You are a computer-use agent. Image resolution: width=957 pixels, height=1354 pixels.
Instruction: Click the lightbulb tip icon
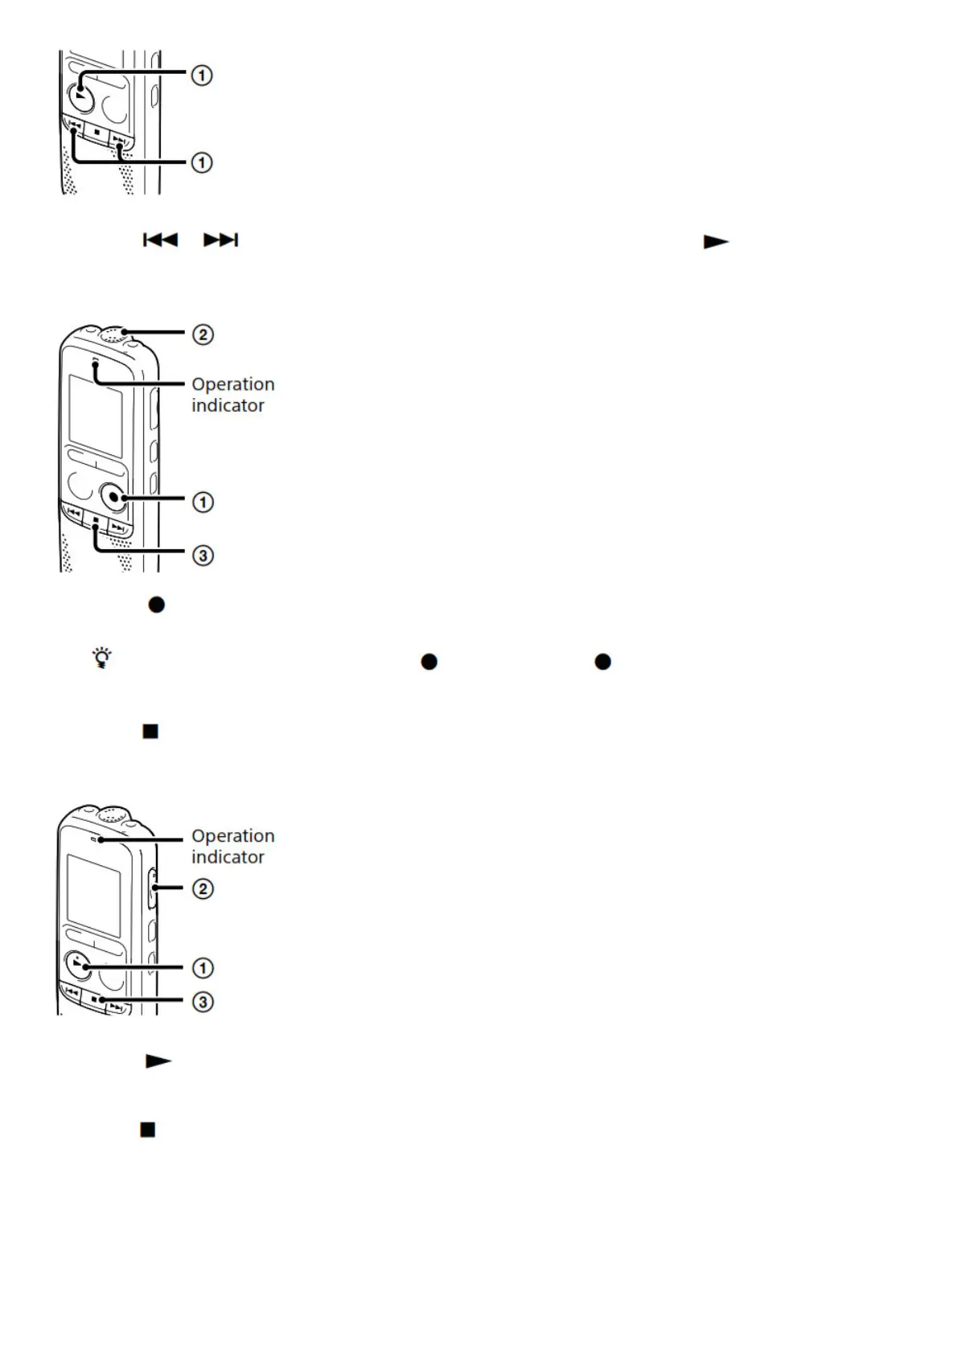click(102, 659)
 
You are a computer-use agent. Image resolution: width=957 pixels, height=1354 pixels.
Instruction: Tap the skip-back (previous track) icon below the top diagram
click(160, 240)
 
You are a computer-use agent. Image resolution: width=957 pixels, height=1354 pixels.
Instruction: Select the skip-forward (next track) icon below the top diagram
click(220, 240)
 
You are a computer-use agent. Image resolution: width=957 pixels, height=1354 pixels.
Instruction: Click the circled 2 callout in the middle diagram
click(203, 334)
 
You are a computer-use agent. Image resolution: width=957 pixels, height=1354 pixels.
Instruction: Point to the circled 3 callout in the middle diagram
click(203, 555)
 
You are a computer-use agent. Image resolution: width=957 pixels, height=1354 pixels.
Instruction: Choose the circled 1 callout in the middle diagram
click(203, 503)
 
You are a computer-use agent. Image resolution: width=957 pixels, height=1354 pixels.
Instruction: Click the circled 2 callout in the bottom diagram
click(203, 888)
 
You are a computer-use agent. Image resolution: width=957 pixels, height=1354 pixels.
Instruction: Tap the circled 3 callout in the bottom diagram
click(203, 1002)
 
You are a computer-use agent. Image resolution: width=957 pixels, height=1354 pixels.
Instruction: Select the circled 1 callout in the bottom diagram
click(203, 967)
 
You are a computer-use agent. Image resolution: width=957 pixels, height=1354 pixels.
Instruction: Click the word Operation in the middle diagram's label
click(232, 384)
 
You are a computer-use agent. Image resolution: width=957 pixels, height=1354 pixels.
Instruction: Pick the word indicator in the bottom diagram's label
click(228, 857)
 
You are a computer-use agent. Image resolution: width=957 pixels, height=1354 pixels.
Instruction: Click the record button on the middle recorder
click(114, 498)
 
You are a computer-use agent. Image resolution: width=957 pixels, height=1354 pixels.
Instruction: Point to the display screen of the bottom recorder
click(94, 895)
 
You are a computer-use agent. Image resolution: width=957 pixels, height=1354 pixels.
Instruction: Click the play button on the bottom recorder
click(77, 965)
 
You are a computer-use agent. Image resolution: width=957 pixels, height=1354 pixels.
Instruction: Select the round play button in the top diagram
click(80, 96)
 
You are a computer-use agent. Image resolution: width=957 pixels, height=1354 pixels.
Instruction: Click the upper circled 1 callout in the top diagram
click(201, 76)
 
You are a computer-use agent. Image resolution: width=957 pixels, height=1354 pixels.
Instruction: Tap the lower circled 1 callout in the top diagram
click(201, 162)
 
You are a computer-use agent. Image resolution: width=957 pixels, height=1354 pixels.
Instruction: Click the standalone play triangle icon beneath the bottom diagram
click(158, 1061)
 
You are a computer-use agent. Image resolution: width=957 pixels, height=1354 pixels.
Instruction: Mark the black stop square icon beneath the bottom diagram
click(148, 1130)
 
